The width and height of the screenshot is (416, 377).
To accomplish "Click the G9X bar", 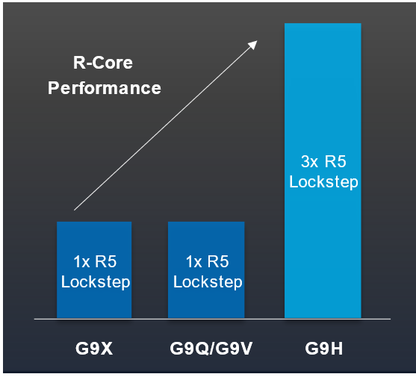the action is (x=94, y=269).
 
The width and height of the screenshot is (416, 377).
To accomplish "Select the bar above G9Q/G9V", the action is (x=206, y=269).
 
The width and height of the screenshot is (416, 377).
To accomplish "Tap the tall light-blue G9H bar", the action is (x=323, y=170).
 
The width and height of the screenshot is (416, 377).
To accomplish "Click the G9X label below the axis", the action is (x=94, y=349).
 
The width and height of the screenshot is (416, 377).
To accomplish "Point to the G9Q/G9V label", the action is (x=211, y=349).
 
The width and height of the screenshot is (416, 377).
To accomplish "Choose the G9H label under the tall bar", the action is (x=324, y=349).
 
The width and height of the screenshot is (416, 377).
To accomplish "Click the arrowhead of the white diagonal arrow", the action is (x=252, y=45).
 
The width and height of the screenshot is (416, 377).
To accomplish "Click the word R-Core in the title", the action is (x=103, y=63).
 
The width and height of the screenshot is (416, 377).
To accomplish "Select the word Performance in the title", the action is (x=105, y=88).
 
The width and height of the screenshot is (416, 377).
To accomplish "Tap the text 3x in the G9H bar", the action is (x=310, y=161).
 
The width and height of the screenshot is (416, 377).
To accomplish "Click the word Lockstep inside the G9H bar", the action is (x=323, y=182).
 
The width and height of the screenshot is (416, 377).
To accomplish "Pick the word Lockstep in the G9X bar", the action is (x=96, y=282).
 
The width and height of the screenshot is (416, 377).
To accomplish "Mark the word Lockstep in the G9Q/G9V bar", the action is (x=208, y=282).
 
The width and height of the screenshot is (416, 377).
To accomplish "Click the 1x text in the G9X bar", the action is (x=81, y=262).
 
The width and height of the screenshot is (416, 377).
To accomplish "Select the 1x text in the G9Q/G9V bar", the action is (x=194, y=262).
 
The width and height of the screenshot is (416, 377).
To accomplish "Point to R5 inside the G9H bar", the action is (x=335, y=161).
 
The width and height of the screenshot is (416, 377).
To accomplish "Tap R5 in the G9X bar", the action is (x=106, y=262).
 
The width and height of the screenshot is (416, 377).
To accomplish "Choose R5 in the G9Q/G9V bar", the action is (x=218, y=262).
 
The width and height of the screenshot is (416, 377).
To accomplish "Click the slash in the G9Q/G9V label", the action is (x=211, y=349).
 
